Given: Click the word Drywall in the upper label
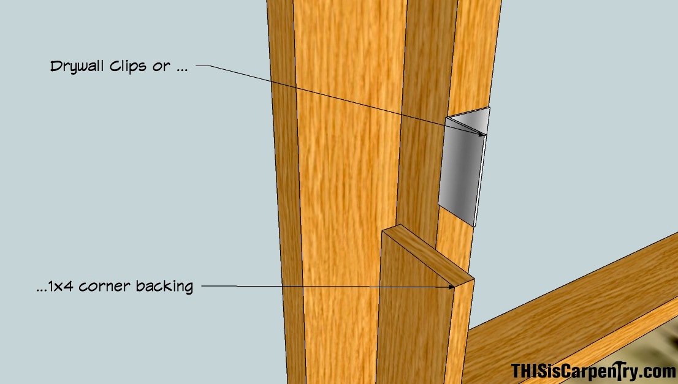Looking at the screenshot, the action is click(x=77, y=67).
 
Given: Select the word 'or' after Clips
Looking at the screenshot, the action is click(x=161, y=67).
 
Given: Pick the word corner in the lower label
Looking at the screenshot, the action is click(x=104, y=287).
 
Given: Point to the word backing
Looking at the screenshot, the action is click(x=164, y=287).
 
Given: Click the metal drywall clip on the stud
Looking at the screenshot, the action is click(x=464, y=167).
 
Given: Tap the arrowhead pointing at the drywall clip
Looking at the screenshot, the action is click(x=480, y=134).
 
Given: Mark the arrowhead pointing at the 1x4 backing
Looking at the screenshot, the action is click(x=451, y=287).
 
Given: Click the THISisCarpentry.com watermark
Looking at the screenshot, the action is click(x=593, y=372).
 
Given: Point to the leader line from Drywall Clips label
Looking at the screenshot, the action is click(x=340, y=99).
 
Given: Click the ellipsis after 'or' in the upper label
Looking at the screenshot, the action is click(x=181, y=70).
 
